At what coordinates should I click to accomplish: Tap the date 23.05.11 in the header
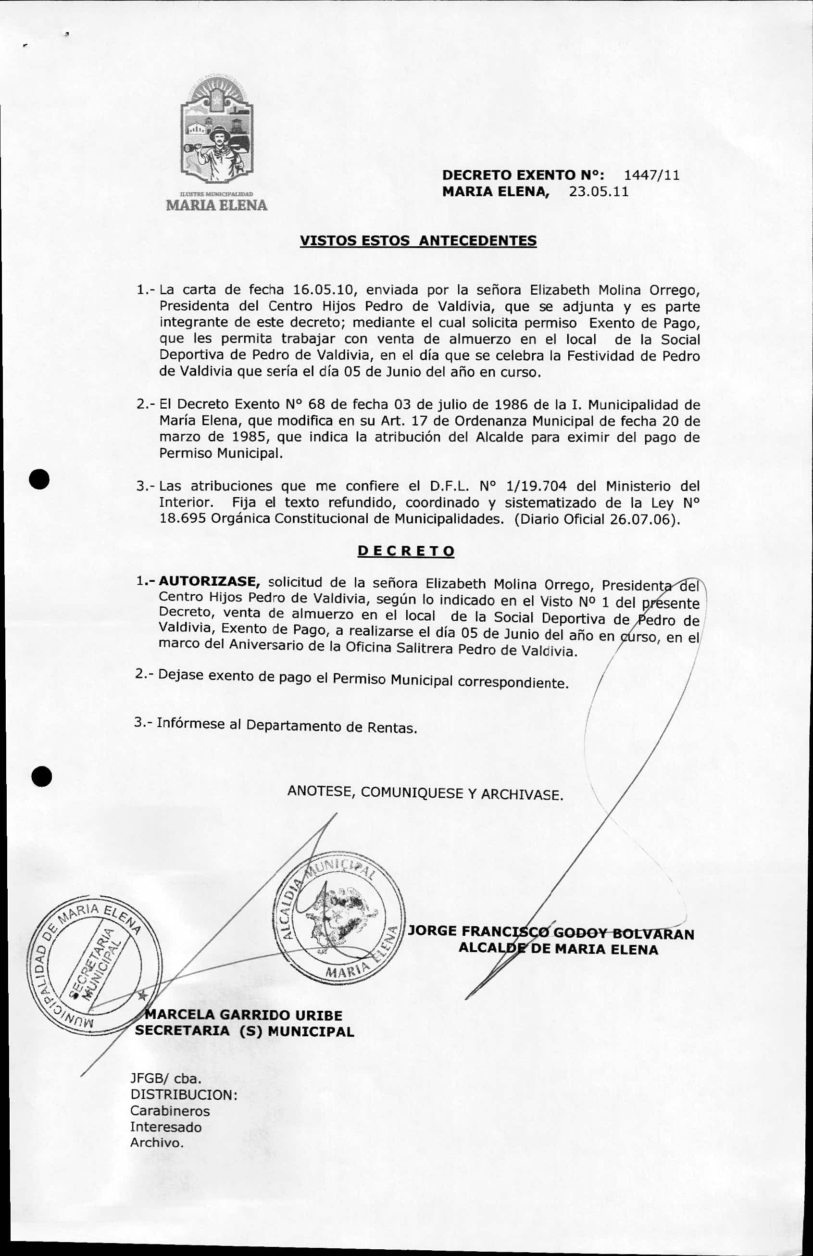[x=599, y=191]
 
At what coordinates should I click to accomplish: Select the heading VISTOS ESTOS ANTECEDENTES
[x=418, y=241]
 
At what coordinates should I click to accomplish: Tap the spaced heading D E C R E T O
[x=406, y=552]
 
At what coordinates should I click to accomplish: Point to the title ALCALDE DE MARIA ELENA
[x=558, y=949]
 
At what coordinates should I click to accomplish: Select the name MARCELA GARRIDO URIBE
[x=244, y=1015]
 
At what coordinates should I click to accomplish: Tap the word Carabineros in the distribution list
[x=170, y=1111]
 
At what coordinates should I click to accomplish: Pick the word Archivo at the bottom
[x=157, y=1143]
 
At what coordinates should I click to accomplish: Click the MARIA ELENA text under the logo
[x=217, y=205]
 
